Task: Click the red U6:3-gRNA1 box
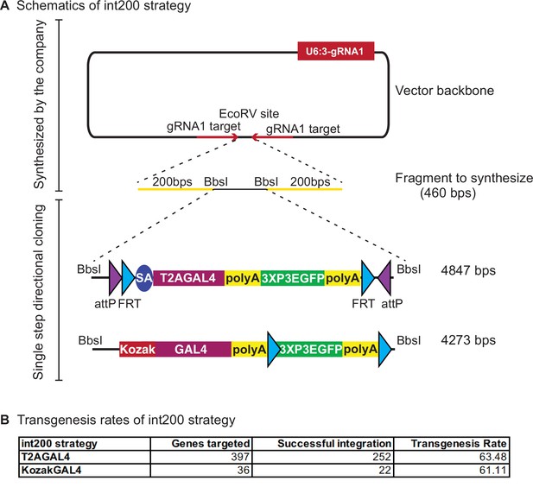[336, 51]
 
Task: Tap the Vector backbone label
[444, 91]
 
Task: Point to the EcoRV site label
[249, 113]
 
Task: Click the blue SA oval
[144, 278]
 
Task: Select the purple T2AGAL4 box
[188, 278]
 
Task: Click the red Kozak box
[137, 349]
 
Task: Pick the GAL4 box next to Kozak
[194, 349]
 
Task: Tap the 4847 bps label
[468, 270]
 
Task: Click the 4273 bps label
[468, 340]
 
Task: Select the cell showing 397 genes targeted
[201, 457]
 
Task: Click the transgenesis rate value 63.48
[452, 457]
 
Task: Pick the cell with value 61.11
[452, 470]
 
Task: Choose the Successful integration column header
[334, 444]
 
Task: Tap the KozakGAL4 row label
[51, 470]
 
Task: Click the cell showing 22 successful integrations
[322, 470]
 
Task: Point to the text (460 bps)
[447, 193]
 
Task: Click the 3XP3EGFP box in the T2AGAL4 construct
[293, 278]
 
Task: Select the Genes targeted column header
[211, 444]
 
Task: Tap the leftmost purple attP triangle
[115, 278]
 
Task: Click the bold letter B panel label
[5, 420]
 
